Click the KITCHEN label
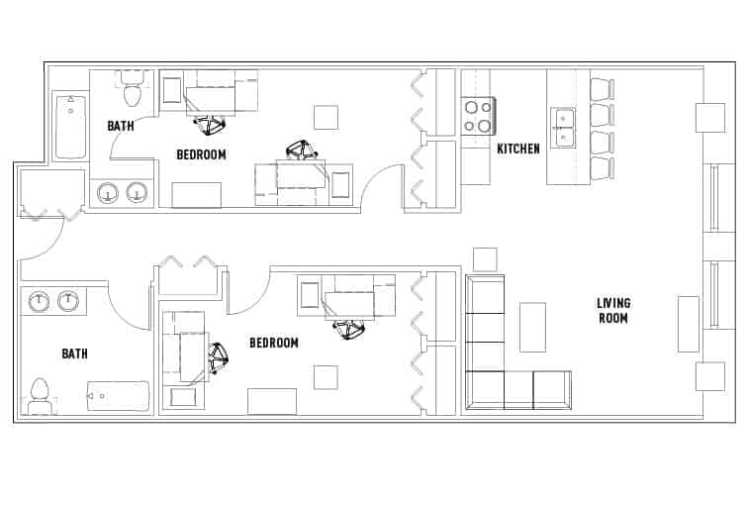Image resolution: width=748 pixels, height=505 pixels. click(518, 149)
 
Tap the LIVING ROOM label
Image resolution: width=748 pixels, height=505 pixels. click(613, 310)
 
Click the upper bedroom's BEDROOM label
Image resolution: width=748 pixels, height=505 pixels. click(201, 154)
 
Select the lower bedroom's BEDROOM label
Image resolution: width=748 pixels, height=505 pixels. click(274, 343)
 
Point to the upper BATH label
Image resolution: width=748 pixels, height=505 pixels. click(121, 126)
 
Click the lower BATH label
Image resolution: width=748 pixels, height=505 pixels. click(74, 353)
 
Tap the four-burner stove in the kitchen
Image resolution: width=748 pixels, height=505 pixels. click(479, 117)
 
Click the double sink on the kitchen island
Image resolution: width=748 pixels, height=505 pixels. click(562, 128)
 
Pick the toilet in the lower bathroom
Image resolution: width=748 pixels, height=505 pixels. click(41, 396)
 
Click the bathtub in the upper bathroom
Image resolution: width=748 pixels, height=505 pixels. click(70, 127)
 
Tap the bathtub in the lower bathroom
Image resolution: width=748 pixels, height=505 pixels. click(118, 396)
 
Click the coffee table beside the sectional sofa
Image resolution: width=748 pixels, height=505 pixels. click(532, 327)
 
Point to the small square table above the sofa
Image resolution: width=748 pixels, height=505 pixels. click(485, 259)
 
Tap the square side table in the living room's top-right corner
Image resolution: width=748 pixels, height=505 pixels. click(709, 117)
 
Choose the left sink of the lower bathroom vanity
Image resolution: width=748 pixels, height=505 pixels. click(39, 300)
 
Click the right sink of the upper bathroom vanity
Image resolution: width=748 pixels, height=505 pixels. click(137, 191)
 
